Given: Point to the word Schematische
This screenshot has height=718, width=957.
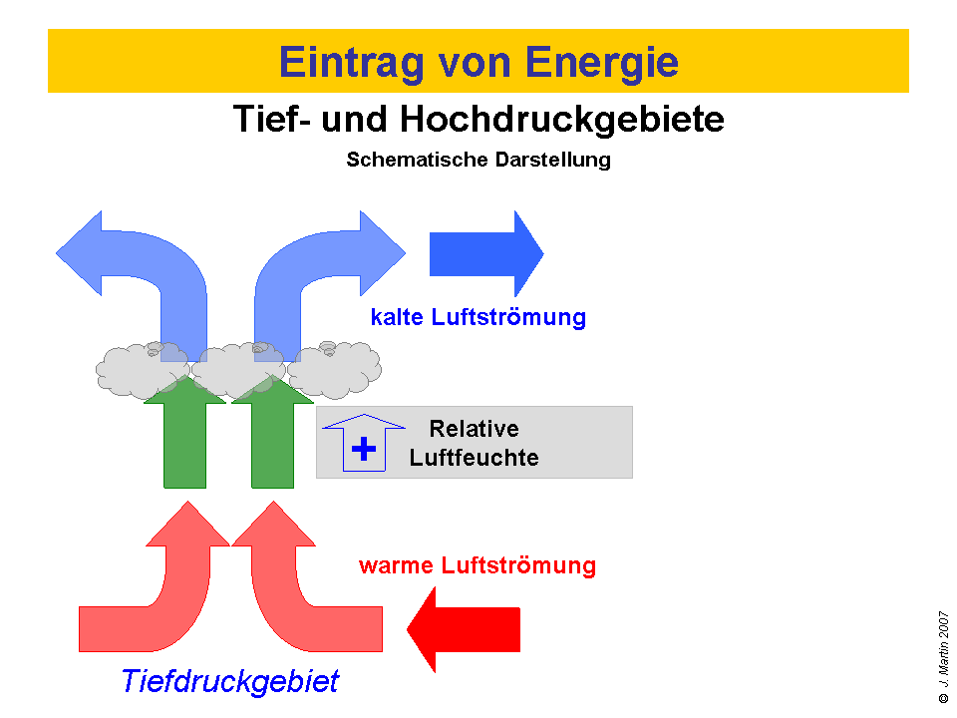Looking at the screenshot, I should pos(417,160).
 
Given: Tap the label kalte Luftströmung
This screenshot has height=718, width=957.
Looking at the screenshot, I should pos(478,318).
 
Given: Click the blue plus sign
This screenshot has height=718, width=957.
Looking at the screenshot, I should pos(365,449).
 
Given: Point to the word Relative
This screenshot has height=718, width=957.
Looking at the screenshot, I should pos(474,429).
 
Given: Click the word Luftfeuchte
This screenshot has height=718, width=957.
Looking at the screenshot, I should pos(474,458).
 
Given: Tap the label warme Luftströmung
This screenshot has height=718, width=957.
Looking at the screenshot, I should pos(477,566).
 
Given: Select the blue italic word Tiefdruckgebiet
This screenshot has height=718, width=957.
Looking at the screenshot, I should pos(229,682).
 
